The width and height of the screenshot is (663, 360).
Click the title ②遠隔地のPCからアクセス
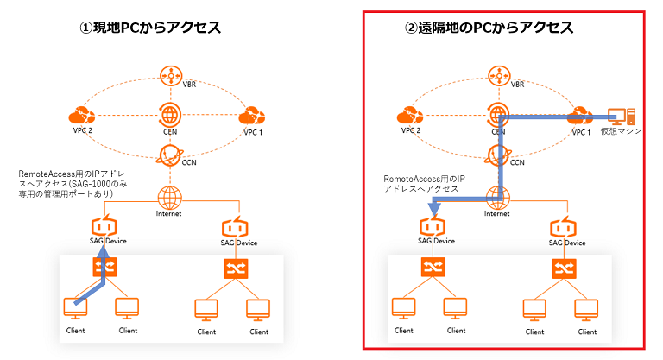(489, 28)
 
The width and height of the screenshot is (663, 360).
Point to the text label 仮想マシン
(621, 132)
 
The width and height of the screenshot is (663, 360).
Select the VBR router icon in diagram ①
(168, 75)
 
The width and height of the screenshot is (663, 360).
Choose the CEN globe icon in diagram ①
(168, 114)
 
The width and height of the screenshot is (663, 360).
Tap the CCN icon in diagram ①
(168, 154)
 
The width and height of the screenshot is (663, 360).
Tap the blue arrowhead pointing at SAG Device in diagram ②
(434, 205)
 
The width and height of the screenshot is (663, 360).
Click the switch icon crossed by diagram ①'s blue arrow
(103, 268)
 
